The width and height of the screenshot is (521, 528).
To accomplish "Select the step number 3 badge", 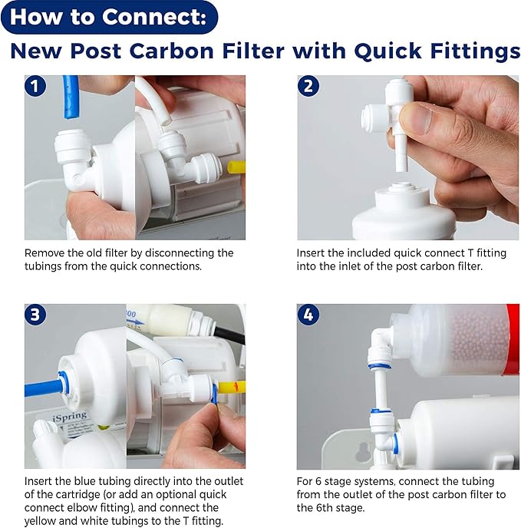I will point(36,315).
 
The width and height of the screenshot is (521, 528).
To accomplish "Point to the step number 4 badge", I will point(309,315).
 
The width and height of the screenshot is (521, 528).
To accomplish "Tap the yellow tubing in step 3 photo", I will point(233,383).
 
